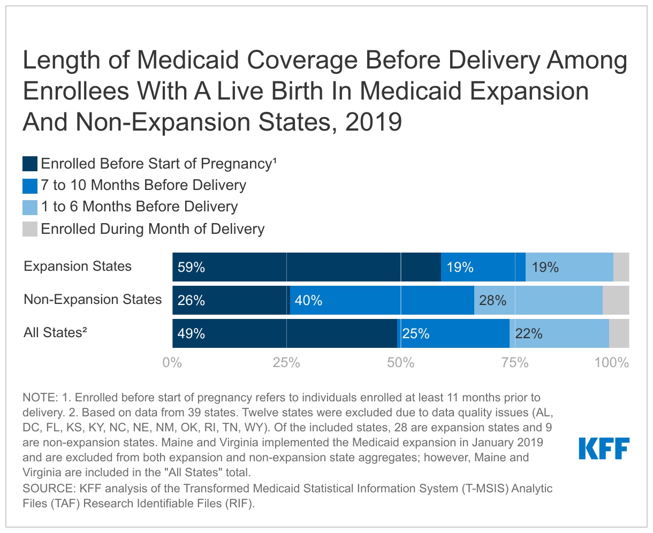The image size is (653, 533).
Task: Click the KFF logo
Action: point(604,448)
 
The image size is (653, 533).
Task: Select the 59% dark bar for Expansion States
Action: point(306,267)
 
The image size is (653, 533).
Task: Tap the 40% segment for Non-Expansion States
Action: point(382,300)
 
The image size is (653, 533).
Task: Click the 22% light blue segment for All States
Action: point(559,333)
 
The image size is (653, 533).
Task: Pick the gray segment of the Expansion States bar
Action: point(621,267)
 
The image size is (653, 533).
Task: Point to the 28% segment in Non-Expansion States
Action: point(538,300)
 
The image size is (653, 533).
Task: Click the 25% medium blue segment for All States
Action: point(453,333)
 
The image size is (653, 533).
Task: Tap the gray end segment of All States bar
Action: point(619,333)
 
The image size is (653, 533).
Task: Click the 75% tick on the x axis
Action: point(515,363)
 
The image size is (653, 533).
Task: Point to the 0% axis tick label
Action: point(172,363)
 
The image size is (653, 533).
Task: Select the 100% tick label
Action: point(611,363)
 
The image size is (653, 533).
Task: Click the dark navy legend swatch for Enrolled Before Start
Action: point(30,164)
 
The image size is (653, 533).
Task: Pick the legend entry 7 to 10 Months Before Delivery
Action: point(143,185)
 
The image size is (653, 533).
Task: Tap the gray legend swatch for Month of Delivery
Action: point(30,229)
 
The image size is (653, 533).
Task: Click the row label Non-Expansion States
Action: point(93,299)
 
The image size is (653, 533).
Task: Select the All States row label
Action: point(55,332)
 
